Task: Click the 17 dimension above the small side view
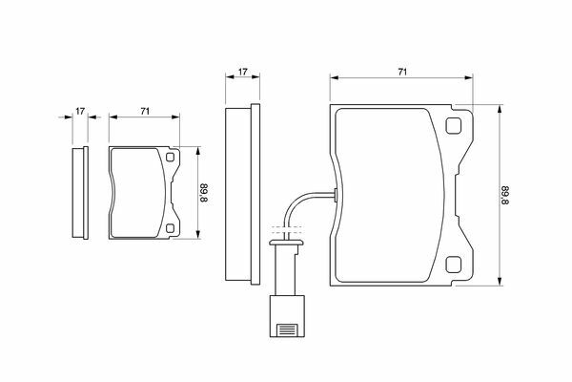pos(80,111)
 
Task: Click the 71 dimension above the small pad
pos(145,111)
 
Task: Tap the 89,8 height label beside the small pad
pos(204,193)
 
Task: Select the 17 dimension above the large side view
pos(242,72)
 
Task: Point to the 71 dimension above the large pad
pos(402,72)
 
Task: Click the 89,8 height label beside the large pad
pos(505,195)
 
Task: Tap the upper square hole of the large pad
pos(454,126)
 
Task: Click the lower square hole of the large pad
pos(454,264)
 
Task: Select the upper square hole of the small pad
pos(170,158)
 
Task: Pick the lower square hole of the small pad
pos(170,228)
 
